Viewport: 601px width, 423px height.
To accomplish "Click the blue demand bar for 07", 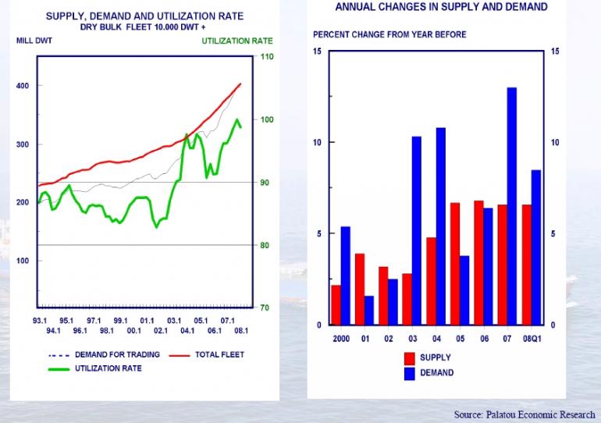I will click(512, 206).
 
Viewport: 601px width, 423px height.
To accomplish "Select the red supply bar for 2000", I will click(336, 304).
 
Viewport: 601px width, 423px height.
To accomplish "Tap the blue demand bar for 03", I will click(417, 230).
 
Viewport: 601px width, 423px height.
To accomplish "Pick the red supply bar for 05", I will click(453, 263).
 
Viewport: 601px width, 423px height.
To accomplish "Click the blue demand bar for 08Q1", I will click(536, 247).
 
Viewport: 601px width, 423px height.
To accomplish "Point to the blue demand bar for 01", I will click(369, 310).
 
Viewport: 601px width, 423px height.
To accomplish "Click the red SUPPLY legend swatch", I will click(409, 358).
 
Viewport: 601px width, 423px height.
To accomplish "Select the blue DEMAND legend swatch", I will click(409, 372).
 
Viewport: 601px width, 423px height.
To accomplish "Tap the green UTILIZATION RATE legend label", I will click(108, 368).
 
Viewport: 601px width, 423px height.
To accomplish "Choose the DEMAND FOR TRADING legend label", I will click(117, 355).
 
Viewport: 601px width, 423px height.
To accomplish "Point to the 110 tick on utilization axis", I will click(266, 57).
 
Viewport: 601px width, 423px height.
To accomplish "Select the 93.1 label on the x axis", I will click(39, 321).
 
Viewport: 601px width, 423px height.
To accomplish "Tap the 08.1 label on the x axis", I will click(241, 331).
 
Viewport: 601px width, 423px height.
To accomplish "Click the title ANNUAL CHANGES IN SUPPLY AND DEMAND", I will click(441, 7).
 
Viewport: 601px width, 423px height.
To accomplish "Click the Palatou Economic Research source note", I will click(525, 414).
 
